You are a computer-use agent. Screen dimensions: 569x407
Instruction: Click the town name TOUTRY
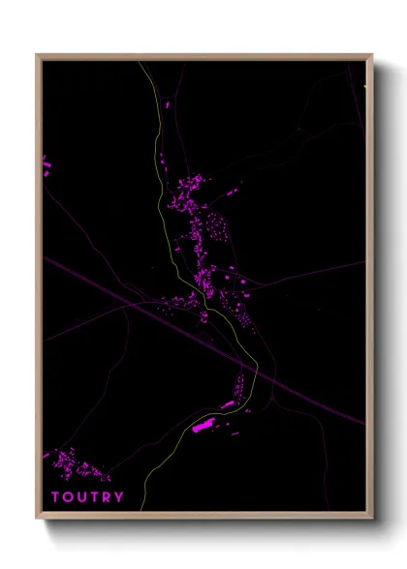pyautogui.click(x=87, y=497)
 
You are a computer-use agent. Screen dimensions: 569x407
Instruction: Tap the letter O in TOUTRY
pyautogui.click(x=68, y=497)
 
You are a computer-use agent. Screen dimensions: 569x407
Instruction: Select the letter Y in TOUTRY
pyautogui.click(x=119, y=497)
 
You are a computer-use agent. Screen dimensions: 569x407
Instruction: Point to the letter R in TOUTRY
pyautogui.click(x=107, y=497)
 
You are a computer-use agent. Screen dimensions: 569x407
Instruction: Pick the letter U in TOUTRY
pyautogui.click(x=81, y=497)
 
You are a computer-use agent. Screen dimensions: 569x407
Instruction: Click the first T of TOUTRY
pyautogui.click(x=55, y=497)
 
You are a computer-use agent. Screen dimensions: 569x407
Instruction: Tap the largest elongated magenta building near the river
pyautogui.click(x=203, y=424)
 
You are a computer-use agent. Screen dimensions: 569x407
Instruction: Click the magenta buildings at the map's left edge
pyautogui.click(x=46, y=166)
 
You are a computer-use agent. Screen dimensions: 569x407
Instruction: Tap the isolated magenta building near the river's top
pyautogui.click(x=168, y=103)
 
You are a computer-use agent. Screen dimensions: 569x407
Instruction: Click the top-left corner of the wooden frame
pyautogui.click(x=38, y=55)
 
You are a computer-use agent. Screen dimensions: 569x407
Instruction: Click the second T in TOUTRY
pyautogui.click(x=94, y=497)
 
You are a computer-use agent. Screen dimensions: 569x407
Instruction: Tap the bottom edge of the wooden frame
pyautogui.click(x=203, y=517)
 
